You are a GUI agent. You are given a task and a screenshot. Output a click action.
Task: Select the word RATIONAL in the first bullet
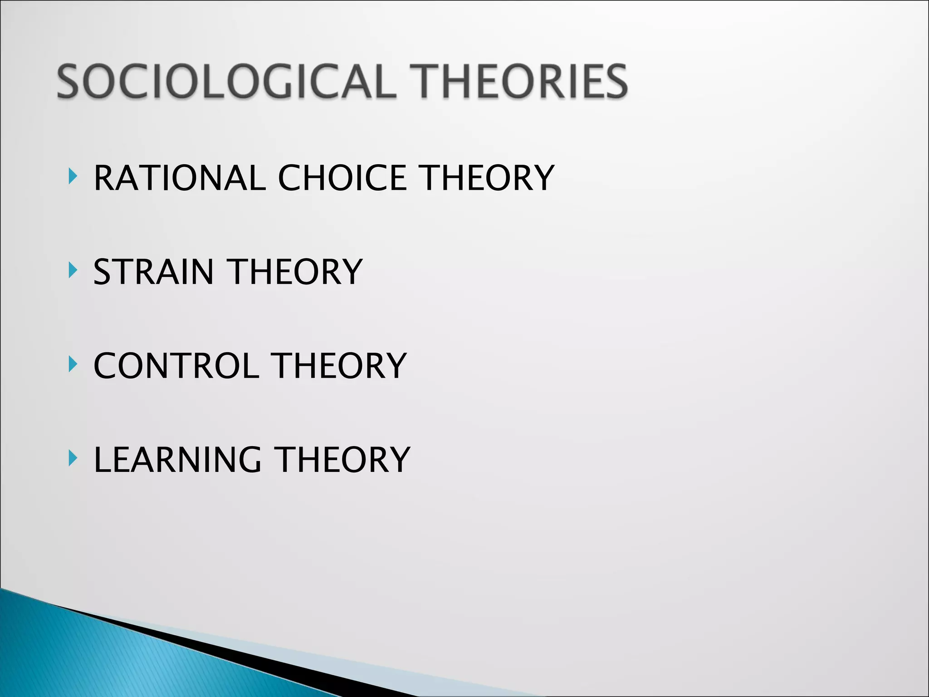pos(179,178)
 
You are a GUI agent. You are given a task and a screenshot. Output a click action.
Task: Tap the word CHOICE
pos(342,178)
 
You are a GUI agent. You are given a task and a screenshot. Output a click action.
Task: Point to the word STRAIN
pos(153,272)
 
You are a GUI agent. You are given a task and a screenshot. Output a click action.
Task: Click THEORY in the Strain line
pos(296,272)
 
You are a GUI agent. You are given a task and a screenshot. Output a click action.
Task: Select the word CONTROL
pos(176,366)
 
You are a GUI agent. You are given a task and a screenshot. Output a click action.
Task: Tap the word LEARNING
pos(177,460)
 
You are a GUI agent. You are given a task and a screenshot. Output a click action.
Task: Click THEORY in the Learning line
pos(343,460)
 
